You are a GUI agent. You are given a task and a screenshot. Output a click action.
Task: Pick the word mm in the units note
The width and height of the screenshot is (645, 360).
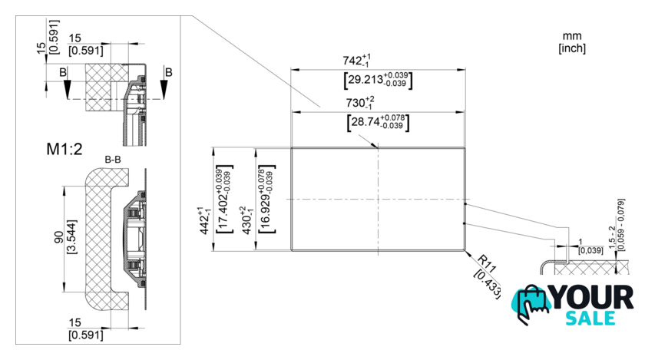pos(572,36)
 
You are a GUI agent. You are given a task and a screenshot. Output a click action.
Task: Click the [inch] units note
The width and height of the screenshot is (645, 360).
pos(572,48)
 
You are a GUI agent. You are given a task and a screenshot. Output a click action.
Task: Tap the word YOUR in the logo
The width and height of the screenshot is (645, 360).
pos(592,296)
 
